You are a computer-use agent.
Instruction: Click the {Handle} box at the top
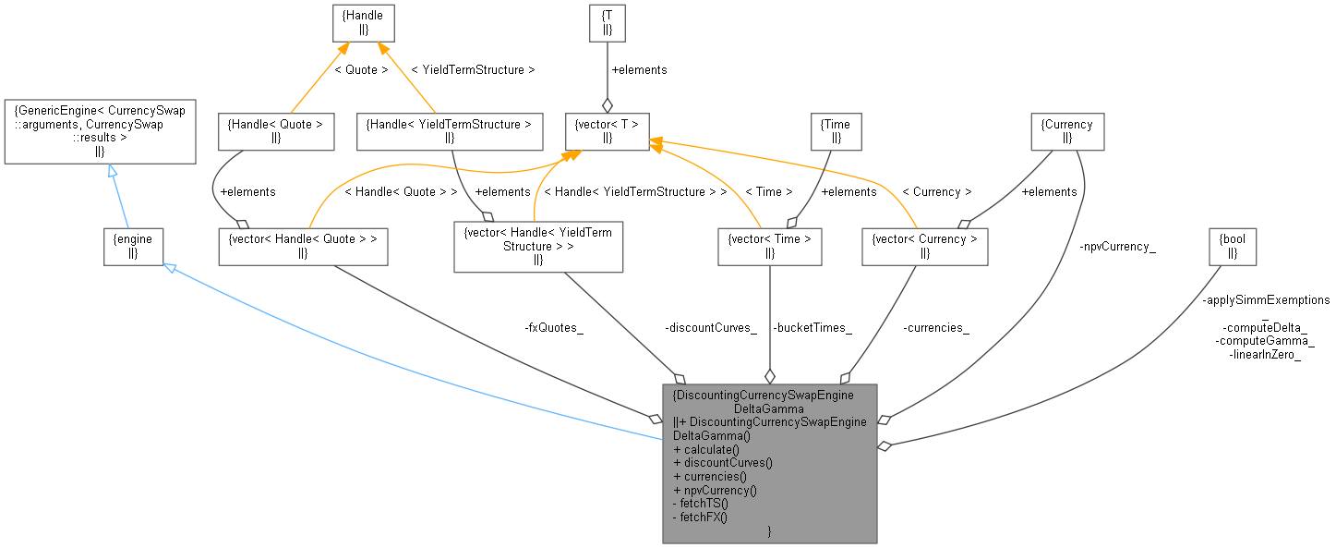point(364,22)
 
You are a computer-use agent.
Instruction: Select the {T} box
point(607,22)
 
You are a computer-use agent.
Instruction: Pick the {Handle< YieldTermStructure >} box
point(449,131)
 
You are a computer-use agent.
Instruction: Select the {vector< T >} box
point(607,131)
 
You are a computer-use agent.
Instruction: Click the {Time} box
point(836,131)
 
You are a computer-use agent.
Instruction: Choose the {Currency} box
point(1066,131)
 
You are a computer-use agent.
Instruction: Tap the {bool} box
point(1234,246)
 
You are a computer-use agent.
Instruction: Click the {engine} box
point(133,246)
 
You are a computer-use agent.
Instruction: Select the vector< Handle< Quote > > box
point(302,246)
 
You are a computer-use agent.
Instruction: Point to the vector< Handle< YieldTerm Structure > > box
point(538,246)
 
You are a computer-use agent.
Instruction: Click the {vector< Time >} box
point(769,246)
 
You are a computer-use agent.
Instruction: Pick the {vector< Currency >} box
point(924,246)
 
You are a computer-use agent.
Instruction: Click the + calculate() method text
point(706,449)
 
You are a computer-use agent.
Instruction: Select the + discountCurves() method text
point(723,463)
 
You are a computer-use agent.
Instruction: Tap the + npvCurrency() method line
point(716,490)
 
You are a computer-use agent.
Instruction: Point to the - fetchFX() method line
point(701,517)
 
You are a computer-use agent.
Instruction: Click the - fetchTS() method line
point(701,504)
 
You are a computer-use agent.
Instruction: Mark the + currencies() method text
point(710,477)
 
